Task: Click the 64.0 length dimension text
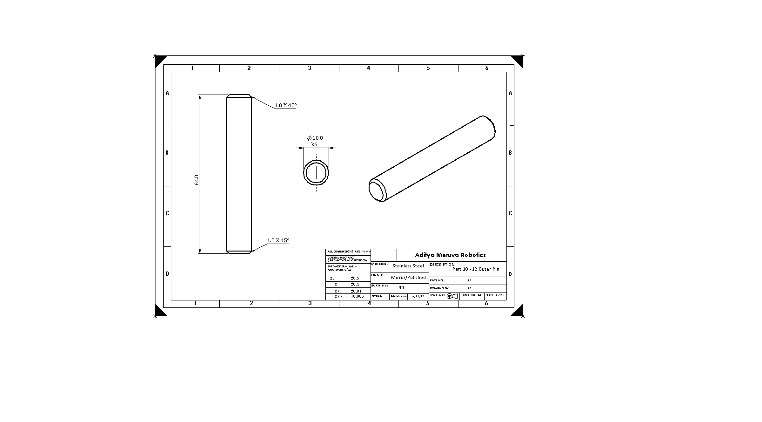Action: (x=196, y=180)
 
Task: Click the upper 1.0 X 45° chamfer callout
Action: (x=285, y=105)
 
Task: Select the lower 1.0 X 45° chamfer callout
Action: (x=278, y=240)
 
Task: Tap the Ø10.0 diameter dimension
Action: (x=315, y=138)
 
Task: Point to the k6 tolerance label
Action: (x=314, y=144)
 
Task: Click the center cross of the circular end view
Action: (x=317, y=173)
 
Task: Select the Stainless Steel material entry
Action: (x=408, y=266)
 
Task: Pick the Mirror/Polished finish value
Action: (x=408, y=277)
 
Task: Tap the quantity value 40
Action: (x=401, y=287)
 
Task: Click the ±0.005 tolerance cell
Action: (x=357, y=296)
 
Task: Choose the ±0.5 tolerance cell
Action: (x=355, y=278)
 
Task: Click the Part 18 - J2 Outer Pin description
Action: (x=476, y=269)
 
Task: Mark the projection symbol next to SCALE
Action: (x=452, y=296)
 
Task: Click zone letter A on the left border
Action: (x=168, y=93)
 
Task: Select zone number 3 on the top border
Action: (x=310, y=68)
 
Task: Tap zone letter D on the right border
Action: (x=510, y=274)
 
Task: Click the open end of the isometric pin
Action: (x=377, y=190)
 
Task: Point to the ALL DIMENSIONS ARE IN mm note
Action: (x=348, y=252)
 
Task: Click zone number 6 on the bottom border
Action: (x=486, y=303)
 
